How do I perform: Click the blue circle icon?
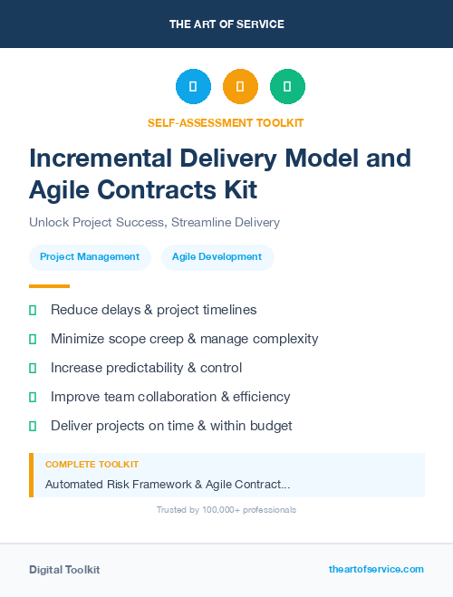coord(193,87)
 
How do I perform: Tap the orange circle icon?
coord(240,87)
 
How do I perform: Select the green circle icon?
coord(287,87)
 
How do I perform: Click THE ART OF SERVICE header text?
coord(226,24)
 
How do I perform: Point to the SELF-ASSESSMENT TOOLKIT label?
coord(226,122)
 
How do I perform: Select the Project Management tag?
coord(90,257)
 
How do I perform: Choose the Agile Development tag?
coord(217,257)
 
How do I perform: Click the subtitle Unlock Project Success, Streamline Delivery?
coord(154,222)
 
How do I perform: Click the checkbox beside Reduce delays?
coord(33,311)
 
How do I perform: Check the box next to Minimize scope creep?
coord(33,340)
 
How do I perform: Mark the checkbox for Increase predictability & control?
coord(33,369)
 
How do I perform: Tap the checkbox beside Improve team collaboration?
coord(33,398)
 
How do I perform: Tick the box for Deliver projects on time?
coord(33,427)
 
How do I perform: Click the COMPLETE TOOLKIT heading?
coord(92,465)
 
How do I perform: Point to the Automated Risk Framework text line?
coord(168,485)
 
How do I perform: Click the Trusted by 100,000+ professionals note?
coord(226,510)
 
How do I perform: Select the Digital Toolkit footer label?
coord(64,570)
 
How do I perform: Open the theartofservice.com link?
coord(376,569)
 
